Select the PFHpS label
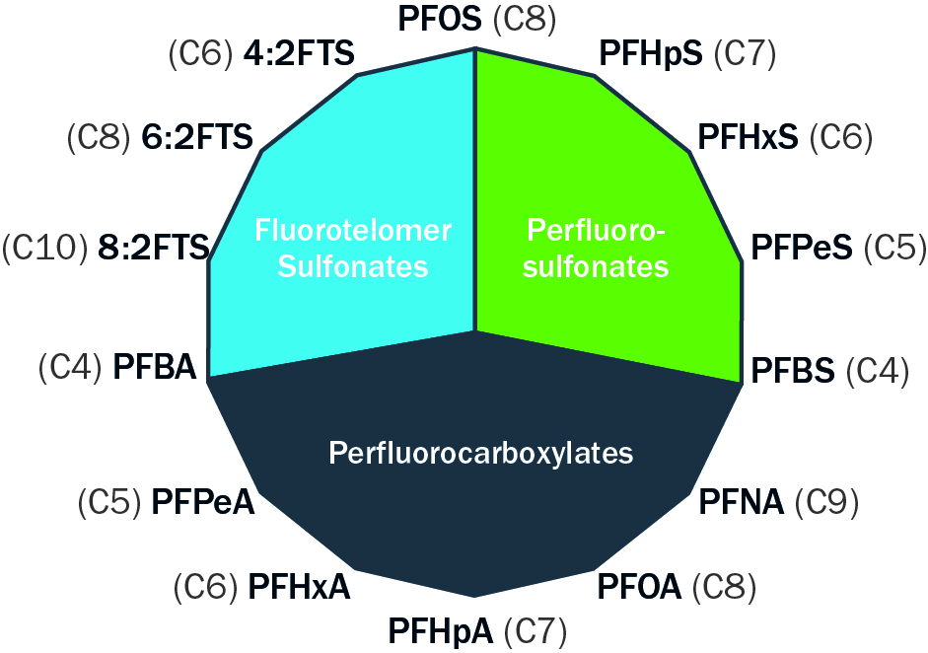pyautogui.click(x=650, y=53)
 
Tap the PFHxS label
pyautogui.click(x=748, y=137)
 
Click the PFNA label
pyautogui.click(x=742, y=503)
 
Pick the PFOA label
pyautogui.click(x=640, y=587)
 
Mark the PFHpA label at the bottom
pyautogui.click(x=441, y=629)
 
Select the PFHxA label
pyautogui.click(x=299, y=587)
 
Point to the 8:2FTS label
pyautogui.click(x=153, y=247)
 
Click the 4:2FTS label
pyautogui.click(x=299, y=53)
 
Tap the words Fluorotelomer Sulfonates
pyautogui.click(x=352, y=248)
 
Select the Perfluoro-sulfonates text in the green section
pyautogui.click(x=597, y=248)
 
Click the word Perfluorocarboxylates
pyautogui.click(x=480, y=453)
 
